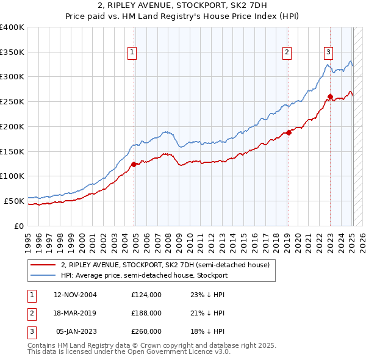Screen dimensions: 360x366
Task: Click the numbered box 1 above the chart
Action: tap(132, 53)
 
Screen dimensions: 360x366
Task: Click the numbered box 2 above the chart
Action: tap(287, 53)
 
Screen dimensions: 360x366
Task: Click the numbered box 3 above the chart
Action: tap(328, 53)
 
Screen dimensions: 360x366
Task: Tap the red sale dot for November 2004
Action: tap(134, 164)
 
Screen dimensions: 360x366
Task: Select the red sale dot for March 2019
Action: tap(289, 132)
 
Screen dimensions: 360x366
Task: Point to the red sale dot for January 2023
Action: tap(330, 96)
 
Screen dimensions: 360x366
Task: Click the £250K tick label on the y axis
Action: tap(12, 101)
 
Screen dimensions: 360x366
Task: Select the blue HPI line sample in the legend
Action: tap(43, 275)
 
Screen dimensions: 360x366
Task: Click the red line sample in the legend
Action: tap(43, 265)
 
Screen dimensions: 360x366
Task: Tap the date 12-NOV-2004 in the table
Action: tap(75, 295)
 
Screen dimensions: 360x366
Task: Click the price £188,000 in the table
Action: tap(146, 313)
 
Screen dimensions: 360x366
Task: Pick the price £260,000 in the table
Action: tap(146, 331)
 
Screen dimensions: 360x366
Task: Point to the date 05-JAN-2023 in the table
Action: tap(76, 331)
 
